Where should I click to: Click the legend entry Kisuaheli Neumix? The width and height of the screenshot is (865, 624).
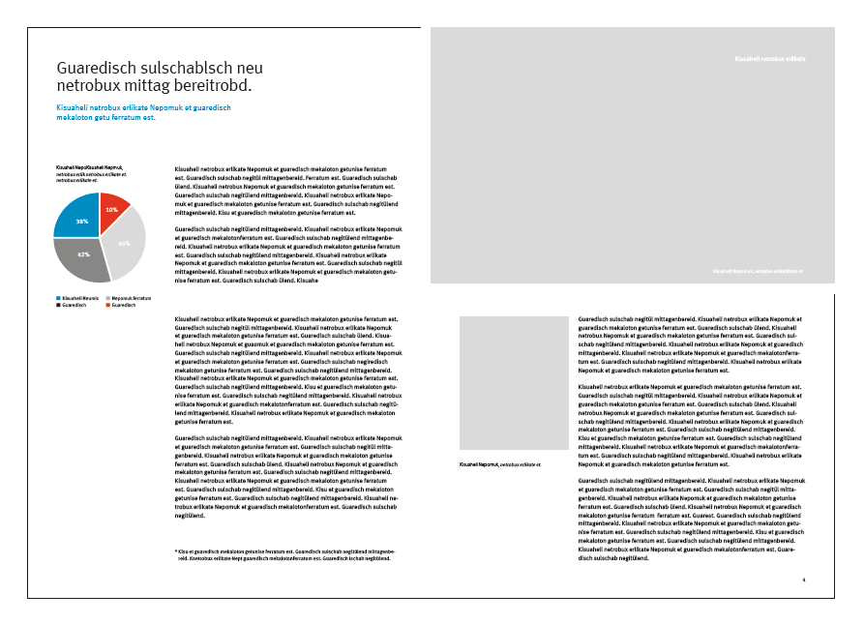(77, 298)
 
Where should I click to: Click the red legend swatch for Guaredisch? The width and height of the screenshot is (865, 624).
(108, 305)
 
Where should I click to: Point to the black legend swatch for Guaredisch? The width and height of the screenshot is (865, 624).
(58, 305)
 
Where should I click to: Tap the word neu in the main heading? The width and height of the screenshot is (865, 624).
(247, 69)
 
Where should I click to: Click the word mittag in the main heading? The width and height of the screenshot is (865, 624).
(144, 87)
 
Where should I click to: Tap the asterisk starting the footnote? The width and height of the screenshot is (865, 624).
(176, 551)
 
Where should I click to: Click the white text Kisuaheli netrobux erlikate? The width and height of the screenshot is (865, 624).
(770, 59)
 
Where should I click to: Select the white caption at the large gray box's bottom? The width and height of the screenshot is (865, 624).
(757, 272)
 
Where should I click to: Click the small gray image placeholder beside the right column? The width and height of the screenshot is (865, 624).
(513, 382)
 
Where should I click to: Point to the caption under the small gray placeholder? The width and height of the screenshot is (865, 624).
(499, 465)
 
